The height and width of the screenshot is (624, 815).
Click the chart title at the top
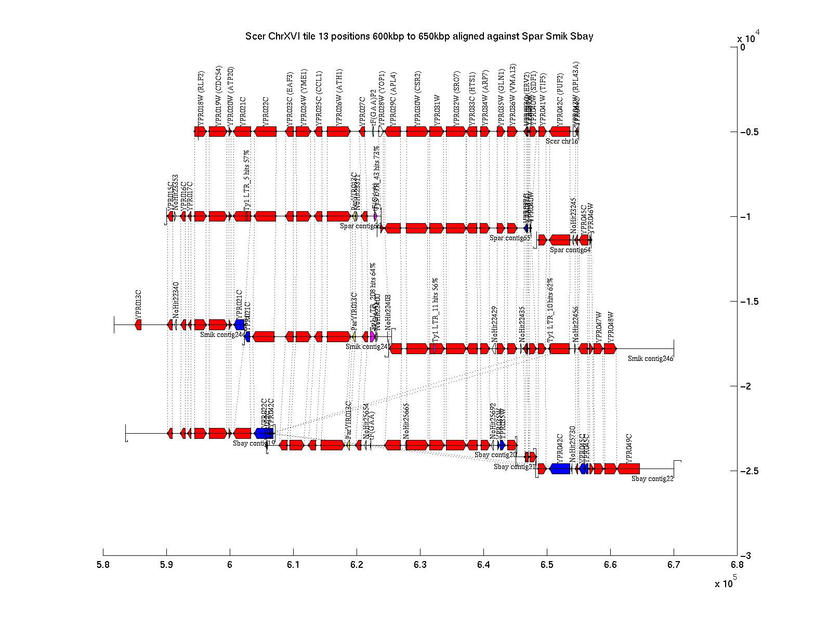[x=419, y=36]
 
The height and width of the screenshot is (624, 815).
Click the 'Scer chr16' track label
[x=561, y=141]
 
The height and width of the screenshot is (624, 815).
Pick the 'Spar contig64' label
[x=570, y=250]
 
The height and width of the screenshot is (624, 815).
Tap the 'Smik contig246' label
[x=650, y=358]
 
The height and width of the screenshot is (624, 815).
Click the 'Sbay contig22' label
[x=652, y=478]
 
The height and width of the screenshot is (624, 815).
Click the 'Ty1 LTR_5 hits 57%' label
[x=247, y=180]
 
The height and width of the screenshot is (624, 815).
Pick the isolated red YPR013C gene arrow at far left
[x=138, y=324]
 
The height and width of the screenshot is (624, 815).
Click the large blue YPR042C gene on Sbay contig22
[x=560, y=469]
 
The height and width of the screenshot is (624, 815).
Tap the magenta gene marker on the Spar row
[x=375, y=216]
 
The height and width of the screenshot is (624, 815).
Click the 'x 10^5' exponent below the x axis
[x=726, y=582]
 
